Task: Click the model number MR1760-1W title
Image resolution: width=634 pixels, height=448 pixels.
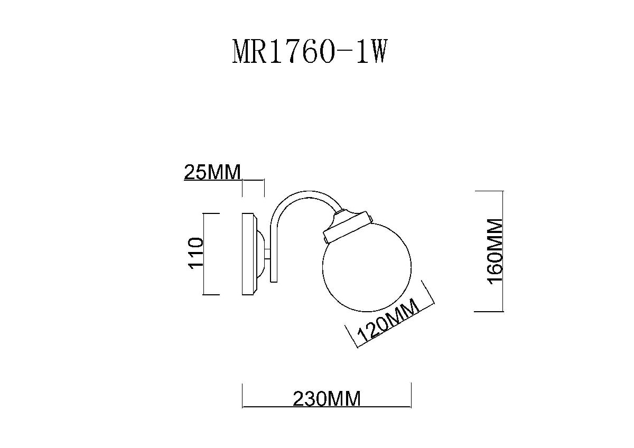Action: click(x=311, y=52)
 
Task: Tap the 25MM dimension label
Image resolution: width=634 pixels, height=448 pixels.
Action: click(x=212, y=172)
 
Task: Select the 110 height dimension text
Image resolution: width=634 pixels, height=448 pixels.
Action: click(x=195, y=254)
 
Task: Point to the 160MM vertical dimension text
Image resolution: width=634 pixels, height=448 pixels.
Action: click(x=495, y=251)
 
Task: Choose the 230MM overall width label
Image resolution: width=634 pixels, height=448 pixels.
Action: click(x=326, y=398)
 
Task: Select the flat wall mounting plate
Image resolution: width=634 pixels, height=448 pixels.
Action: click(x=248, y=254)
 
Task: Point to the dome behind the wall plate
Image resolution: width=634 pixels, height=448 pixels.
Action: click(x=262, y=254)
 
